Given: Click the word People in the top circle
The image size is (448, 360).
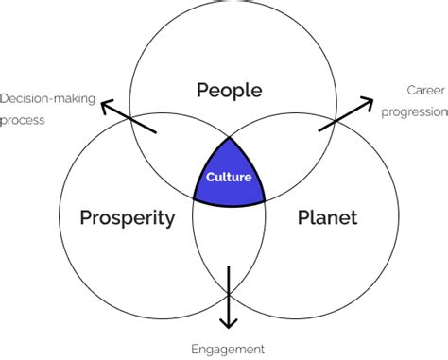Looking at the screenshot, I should coord(228,91).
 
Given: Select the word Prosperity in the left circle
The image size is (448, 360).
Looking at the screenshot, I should coord(127,219).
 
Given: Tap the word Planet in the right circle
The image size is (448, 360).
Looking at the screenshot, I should coord(328,219).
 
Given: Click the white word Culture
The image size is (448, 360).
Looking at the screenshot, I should coord(228,176).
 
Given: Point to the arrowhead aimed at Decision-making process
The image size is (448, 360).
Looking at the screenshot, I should coord(108,102).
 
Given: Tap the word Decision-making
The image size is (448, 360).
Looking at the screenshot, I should coord(46,99).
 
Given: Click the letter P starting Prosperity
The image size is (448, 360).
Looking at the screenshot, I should coord(86,218).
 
